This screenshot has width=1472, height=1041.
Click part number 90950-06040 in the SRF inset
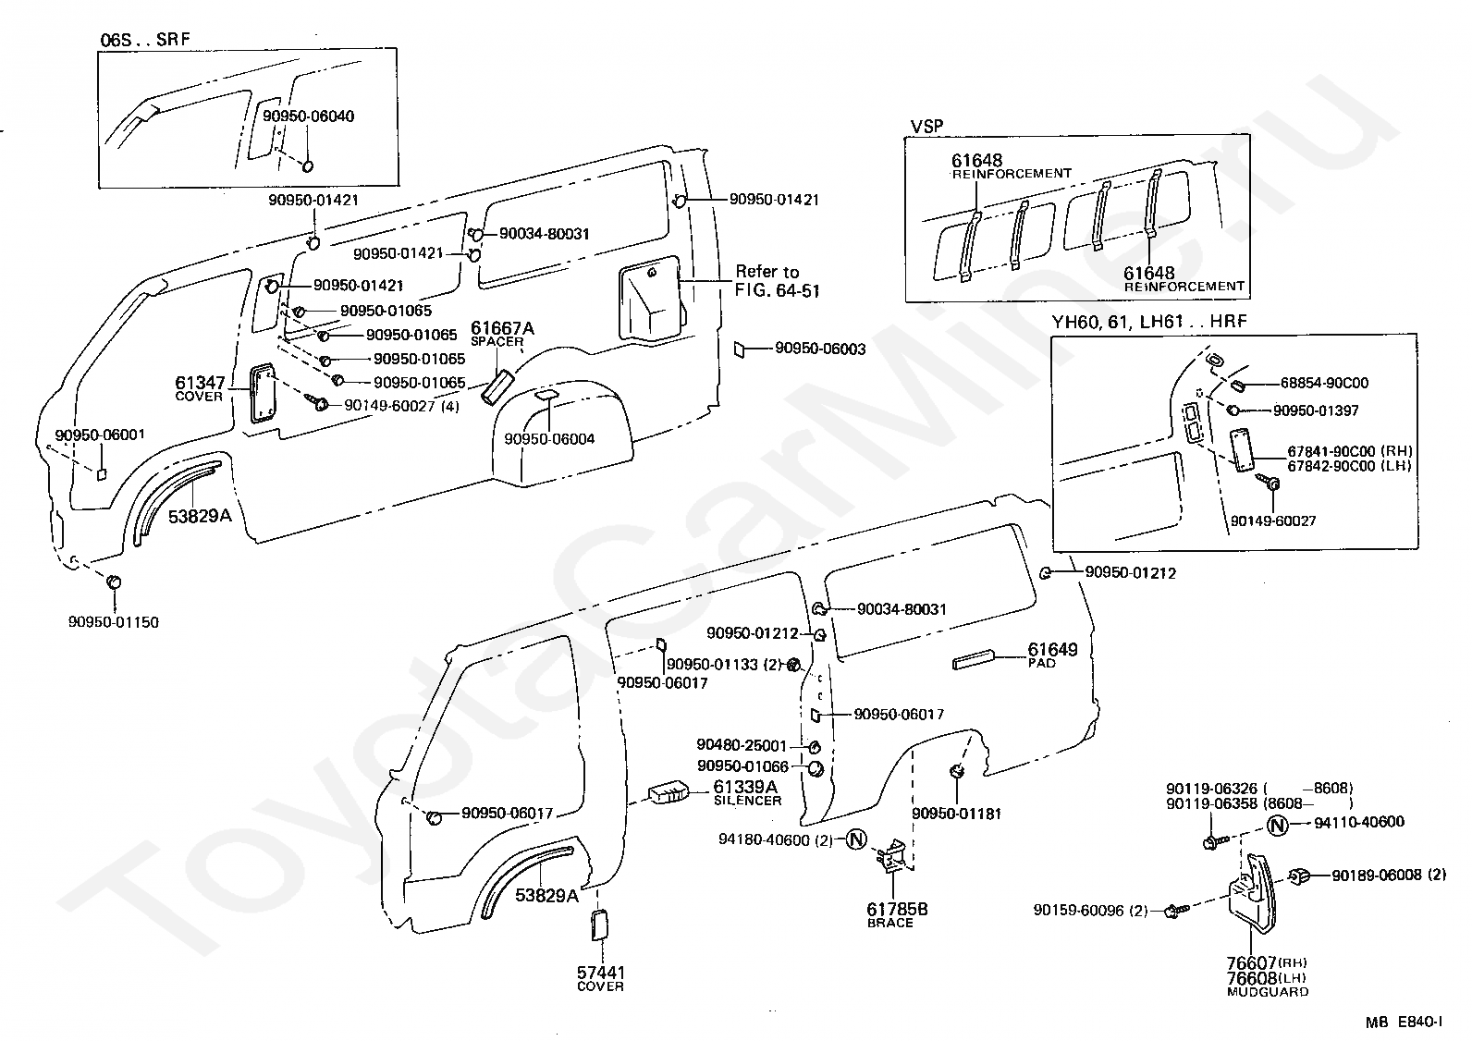(x=308, y=116)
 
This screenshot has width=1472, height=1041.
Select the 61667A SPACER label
(x=502, y=334)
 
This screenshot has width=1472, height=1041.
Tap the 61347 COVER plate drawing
(x=263, y=393)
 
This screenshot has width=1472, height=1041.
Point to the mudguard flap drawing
(x=1253, y=894)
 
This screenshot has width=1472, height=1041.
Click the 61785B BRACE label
(x=897, y=915)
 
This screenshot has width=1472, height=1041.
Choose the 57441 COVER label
(x=601, y=978)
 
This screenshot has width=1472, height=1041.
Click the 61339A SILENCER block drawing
(x=669, y=792)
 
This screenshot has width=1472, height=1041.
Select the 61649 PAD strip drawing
(x=974, y=660)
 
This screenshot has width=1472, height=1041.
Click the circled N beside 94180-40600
(x=856, y=839)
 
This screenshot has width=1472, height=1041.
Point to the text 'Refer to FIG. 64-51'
(x=778, y=281)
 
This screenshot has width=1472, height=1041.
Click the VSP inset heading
(x=926, y=126)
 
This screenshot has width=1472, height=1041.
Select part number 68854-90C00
(x=1324, y=383)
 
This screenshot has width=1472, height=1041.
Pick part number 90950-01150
(x=114, y=622)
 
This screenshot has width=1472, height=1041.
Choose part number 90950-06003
(x=820, y=349)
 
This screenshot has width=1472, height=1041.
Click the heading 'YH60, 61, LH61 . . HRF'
(x=1149, y=322)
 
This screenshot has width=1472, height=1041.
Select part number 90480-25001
(x=742, y=745)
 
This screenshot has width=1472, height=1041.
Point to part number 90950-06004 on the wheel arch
(x=549, y=439)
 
